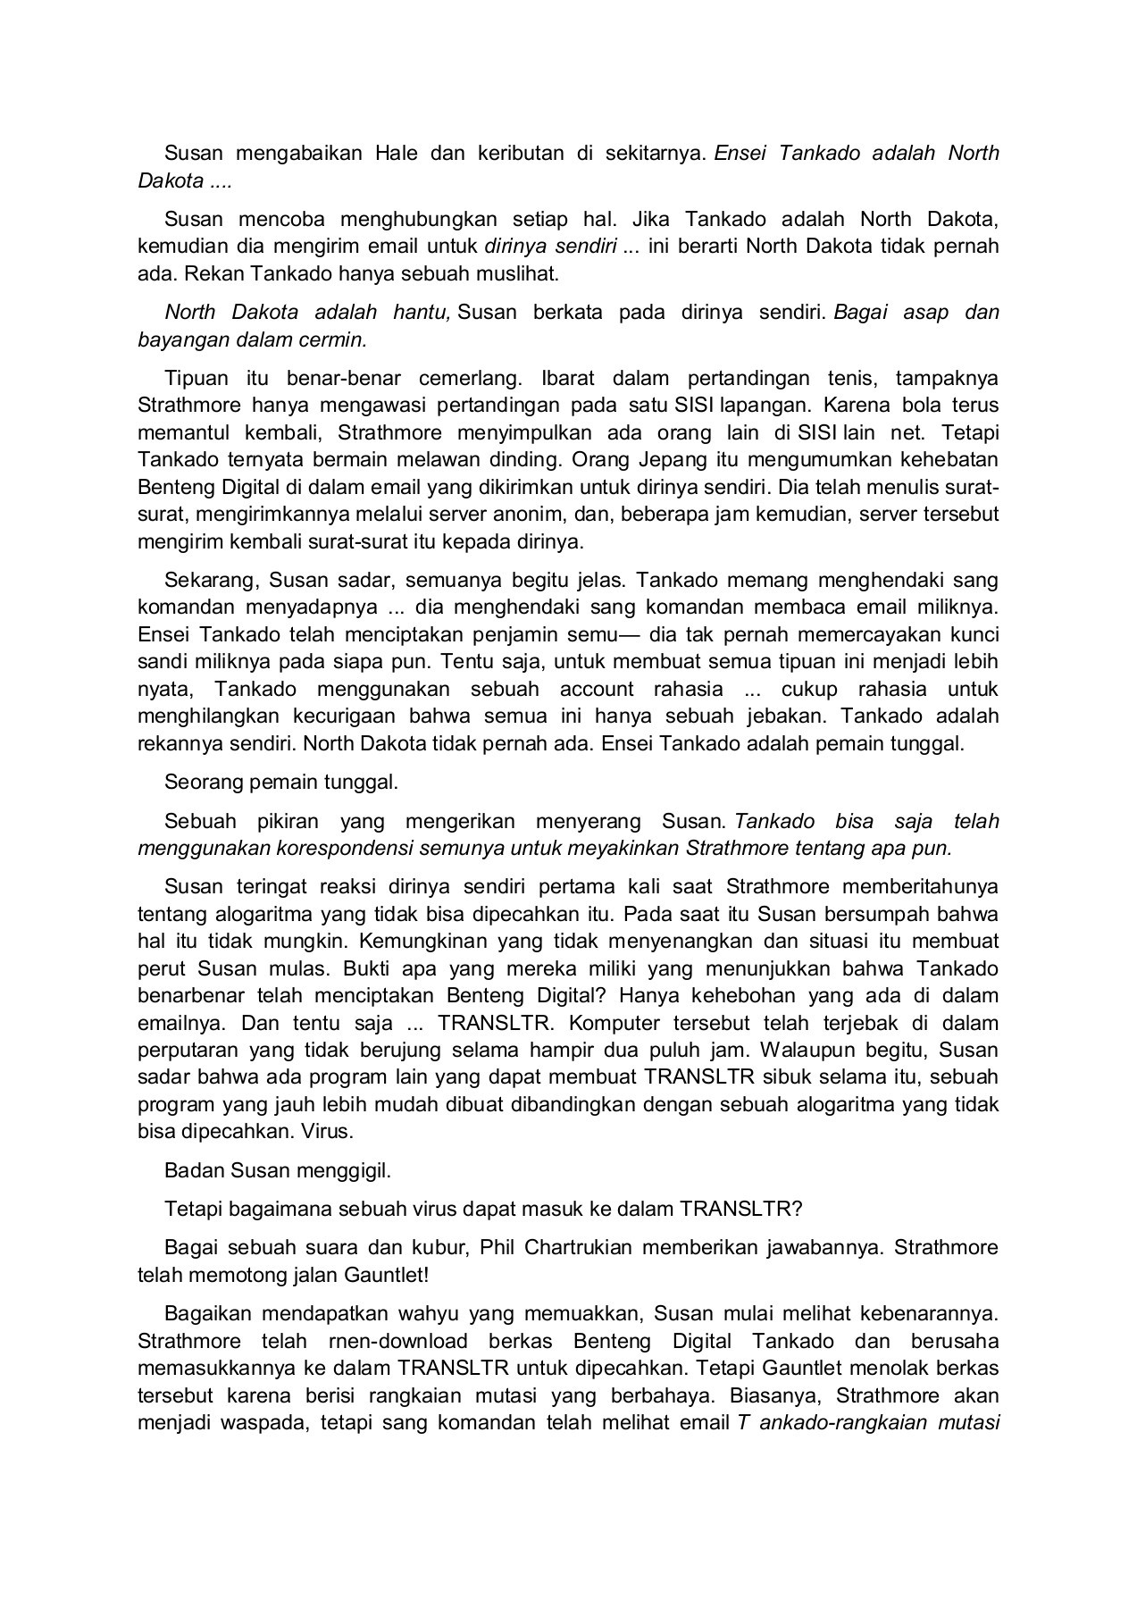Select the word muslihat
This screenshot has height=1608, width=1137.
tap(519, 273)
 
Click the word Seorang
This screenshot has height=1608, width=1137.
tap(202, 783)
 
